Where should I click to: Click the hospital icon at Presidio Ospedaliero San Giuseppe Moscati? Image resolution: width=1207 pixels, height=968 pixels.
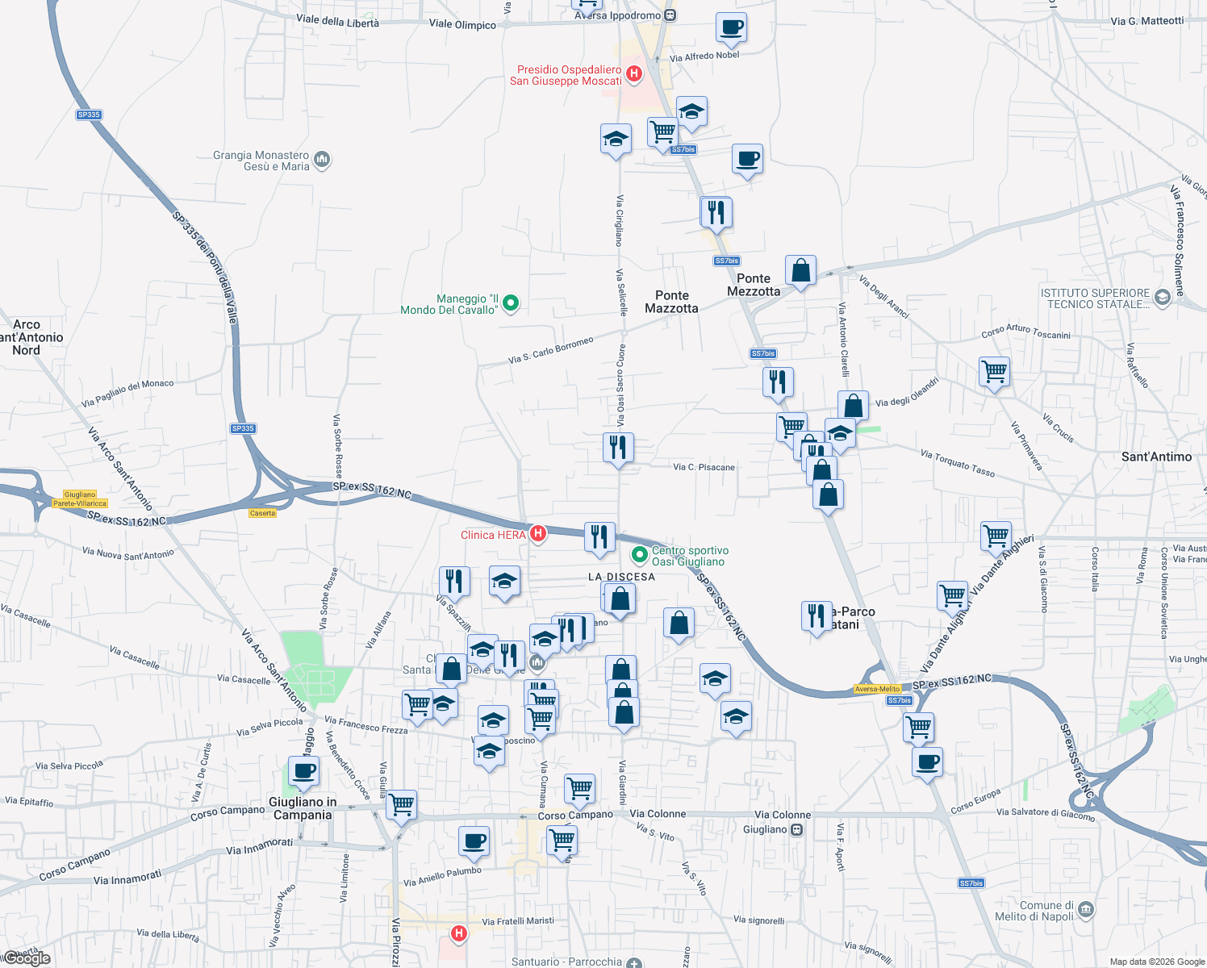tap(634, 74)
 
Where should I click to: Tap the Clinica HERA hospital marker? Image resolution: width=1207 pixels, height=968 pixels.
tap(537, 533)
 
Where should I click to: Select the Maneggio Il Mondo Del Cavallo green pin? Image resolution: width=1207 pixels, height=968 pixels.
tap(510, 304)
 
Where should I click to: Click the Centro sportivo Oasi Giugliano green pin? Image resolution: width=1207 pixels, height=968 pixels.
tap(640, 555)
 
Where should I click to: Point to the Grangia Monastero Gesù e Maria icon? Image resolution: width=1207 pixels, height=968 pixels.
tap(322, 160)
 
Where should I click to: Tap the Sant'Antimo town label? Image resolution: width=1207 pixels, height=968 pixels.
tap(1156, 457)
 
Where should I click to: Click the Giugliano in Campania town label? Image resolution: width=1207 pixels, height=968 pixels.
tap(303, 808)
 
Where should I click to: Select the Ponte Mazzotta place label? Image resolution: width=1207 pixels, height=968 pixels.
tap(671, 302)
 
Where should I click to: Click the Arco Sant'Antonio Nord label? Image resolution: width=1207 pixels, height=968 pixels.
tap(29, 337)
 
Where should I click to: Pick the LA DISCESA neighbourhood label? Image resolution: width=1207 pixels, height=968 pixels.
tap(621, 577)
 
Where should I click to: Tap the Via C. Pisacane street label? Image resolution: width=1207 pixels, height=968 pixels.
tap(704, 467)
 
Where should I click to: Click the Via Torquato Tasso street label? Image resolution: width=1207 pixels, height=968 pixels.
tap(958, 464)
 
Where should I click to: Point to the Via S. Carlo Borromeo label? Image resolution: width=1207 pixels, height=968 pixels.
tap(551, 350)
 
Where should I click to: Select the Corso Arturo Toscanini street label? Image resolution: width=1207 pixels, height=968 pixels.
tap(1025, 331)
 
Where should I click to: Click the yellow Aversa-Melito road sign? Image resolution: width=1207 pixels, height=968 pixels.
tap(877, 689)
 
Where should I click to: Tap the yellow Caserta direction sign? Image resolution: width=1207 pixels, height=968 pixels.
tap(262, 513)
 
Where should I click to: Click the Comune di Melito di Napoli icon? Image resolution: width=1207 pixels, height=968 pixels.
tap(1086, 910)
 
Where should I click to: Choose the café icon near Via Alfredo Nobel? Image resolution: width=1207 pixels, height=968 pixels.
tap(731, 28)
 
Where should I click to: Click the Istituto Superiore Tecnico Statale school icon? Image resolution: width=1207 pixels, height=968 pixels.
tap(1162, 298)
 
